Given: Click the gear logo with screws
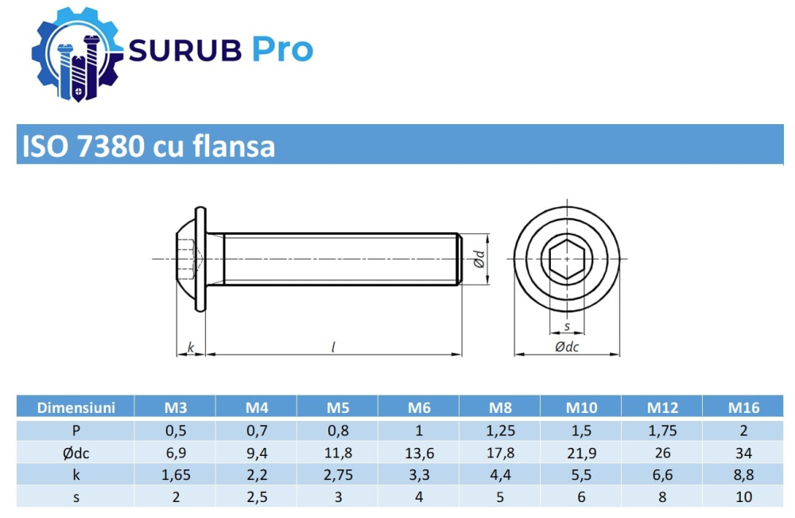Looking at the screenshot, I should (x=77, y=52).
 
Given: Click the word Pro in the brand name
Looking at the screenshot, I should (x=283, y=50).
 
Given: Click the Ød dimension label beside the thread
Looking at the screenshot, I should (x=478, y=259).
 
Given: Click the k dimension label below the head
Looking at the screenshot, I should (x=190, y=347).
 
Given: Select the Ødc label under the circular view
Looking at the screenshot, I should (x=566, y=347).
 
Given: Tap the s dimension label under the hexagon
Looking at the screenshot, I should (x=566, y=326).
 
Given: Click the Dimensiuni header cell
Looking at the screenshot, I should (x=76, y=408).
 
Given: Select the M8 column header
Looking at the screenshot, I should (x=500, y=408).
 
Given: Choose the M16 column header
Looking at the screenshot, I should (x=744, y=408).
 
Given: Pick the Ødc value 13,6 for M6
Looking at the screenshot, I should (x=419, y=453).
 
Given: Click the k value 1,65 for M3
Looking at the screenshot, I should (x=176, y=475).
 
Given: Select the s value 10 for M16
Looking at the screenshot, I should (x=744, y=497).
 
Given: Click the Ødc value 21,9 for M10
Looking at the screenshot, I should (x=582, y=453).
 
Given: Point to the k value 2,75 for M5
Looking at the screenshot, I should (x=338, y=475).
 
